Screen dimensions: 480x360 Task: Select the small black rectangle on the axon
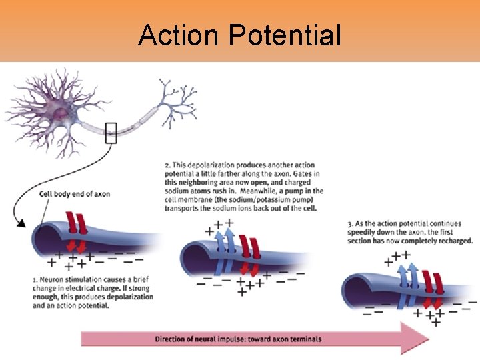(x=111, y=133)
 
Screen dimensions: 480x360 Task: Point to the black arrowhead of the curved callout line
(x=21, y=224)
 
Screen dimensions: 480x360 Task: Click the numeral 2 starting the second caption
(x=167, y=165)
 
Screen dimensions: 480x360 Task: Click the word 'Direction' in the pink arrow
(x=173, y=339)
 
